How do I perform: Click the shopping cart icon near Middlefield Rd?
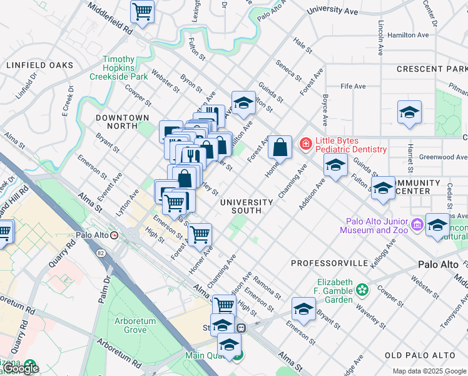tap(143, 11)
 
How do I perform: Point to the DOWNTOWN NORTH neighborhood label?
tap(123, 122)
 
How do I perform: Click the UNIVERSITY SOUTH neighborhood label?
tap(247, 206)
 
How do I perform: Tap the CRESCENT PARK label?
tap(432, 68)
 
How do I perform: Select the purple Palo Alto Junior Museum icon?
tap(417, 223)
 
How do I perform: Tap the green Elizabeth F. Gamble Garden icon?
tap(362, 290)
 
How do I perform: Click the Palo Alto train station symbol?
tap(114, 235)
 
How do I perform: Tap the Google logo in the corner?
tap(21, 369)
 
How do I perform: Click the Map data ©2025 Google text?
tap(429, 371)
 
